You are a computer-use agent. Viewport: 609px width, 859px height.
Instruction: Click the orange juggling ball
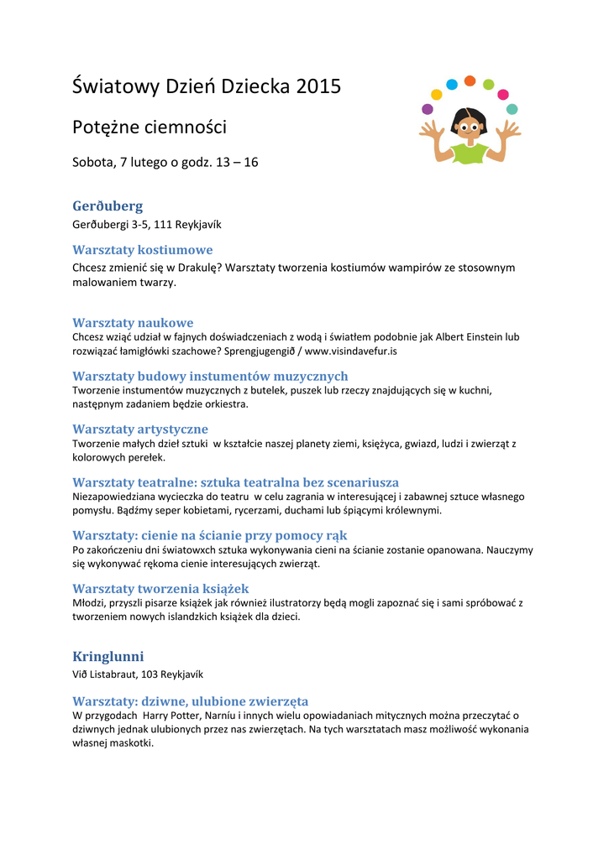470,81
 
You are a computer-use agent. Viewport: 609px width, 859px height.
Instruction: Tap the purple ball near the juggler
428,109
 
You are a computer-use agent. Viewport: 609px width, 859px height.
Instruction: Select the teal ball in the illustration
512,109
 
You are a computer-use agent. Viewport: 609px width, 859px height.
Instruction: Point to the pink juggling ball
502,94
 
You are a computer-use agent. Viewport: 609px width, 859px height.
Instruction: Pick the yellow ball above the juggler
436,94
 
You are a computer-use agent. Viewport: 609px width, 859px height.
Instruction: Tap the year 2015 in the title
318,86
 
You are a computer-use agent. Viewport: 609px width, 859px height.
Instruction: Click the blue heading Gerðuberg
108,206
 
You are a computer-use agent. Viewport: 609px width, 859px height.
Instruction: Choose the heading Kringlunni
108,656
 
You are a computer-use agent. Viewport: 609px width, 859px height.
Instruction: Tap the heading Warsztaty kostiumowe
143,250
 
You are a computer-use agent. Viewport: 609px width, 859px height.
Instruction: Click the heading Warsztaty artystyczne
140,429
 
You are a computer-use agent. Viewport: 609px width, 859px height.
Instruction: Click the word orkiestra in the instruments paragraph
228,403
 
